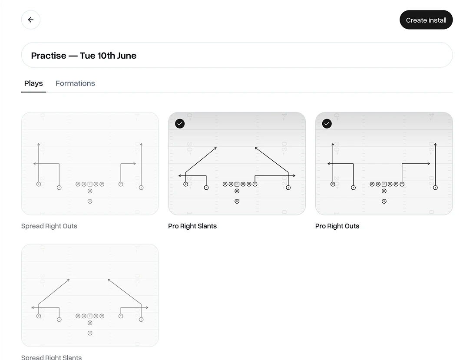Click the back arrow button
(31, 20)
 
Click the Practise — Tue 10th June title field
(237, 55)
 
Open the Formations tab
(75, 83)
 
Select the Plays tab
(33, 83)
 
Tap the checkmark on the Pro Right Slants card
(180, 124)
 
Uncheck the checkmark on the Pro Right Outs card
(327, 124)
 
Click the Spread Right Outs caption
(49, 226)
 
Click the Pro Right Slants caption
(192, 226)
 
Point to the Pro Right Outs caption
(337, 226)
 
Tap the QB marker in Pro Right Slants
(237, 191)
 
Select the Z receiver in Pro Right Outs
(435, 188)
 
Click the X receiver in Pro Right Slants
(186, 184)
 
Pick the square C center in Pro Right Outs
(384, 184)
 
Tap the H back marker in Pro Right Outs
(384, 201)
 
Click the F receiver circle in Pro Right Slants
(206, 188)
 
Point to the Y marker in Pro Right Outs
(402, 184)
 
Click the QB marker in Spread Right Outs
(90, 191)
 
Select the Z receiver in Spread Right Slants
(141, 320)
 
